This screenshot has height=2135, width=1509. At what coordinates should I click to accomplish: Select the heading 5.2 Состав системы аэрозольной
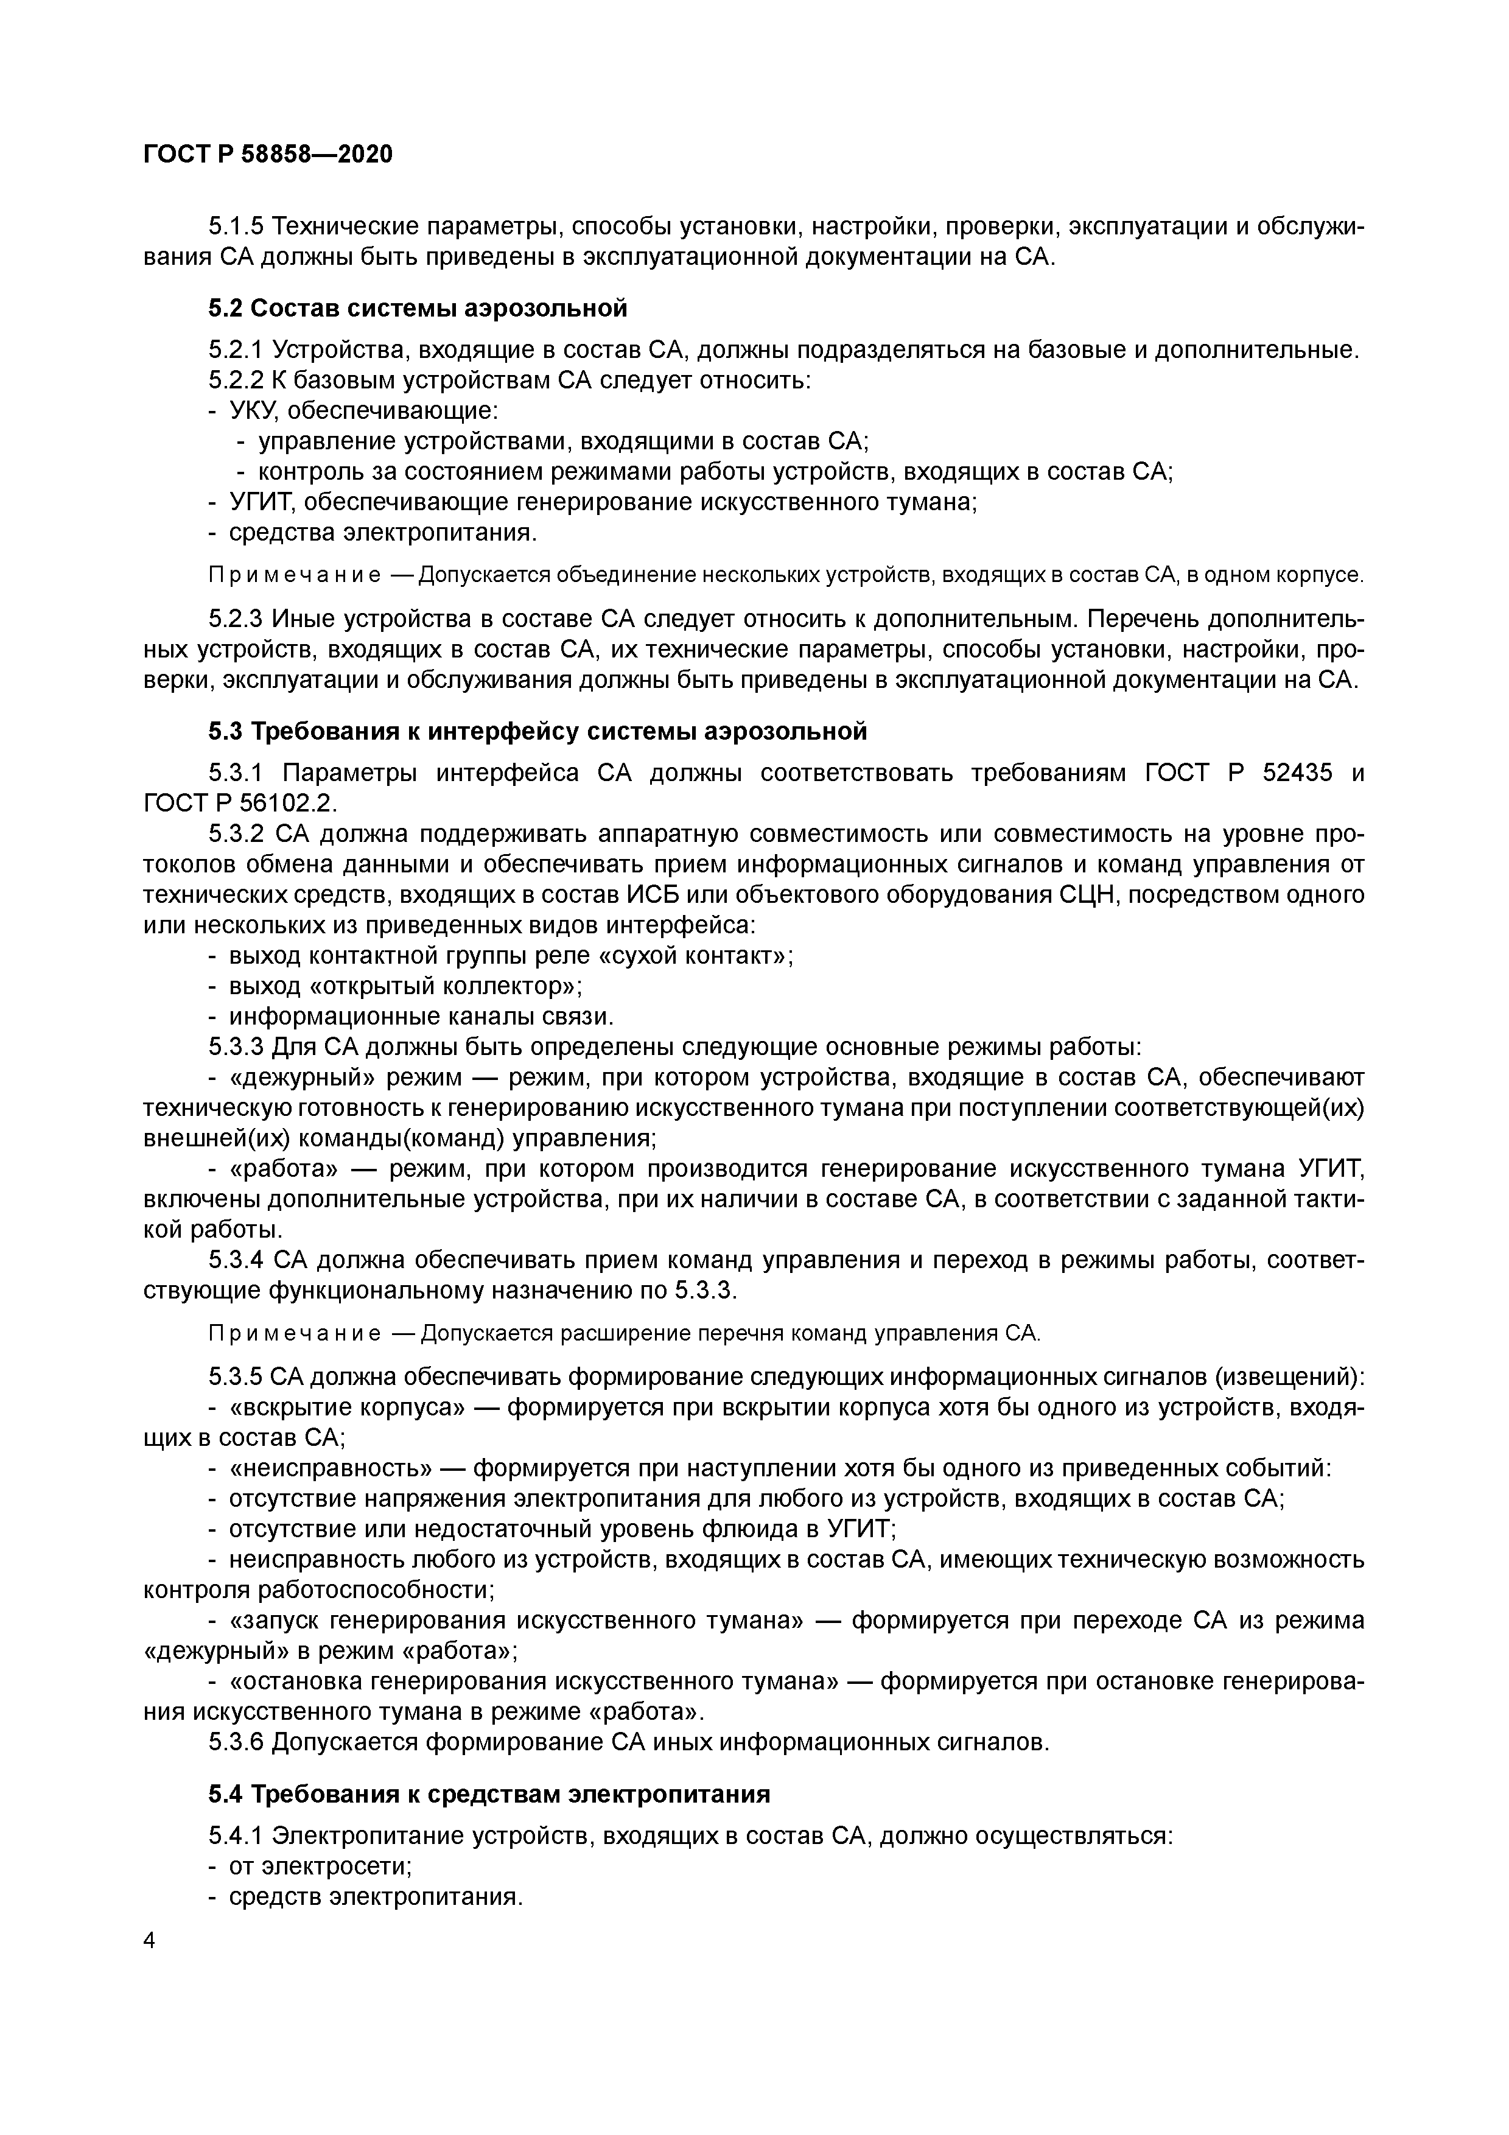click(418, 308)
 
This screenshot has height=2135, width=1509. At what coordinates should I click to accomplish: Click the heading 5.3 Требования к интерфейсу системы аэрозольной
click(537, 731)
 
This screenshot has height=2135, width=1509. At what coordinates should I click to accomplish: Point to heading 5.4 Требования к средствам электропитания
click(489, 1793)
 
